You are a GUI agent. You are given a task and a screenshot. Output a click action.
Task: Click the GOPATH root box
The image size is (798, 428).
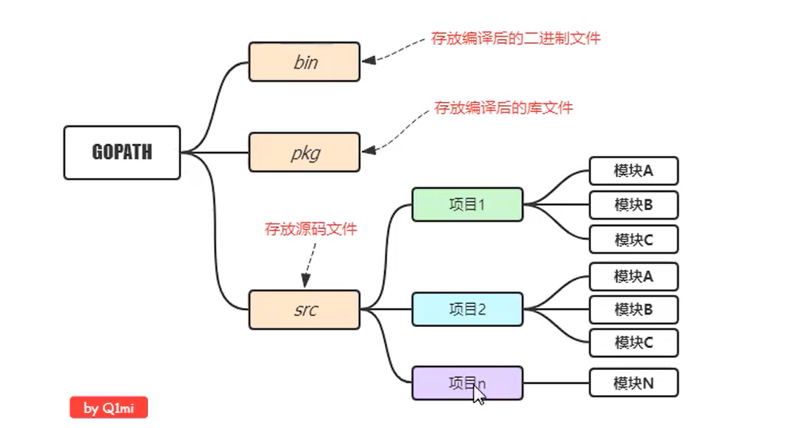pos(122,152)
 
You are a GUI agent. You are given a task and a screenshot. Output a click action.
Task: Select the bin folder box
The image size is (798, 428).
pos(304,62)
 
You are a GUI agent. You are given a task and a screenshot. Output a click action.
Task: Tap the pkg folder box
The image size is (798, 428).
pos(304,152)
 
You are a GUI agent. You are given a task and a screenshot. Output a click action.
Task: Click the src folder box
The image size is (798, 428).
pos(304,310)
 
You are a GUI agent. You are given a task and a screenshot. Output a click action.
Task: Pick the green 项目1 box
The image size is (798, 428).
pos(467,205)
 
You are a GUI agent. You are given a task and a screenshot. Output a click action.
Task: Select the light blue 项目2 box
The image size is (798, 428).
pos(467,309)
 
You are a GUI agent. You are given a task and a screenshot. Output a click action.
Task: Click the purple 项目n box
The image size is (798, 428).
pos(467,383)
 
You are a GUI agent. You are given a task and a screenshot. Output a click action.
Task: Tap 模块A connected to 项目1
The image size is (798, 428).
pos(633,171)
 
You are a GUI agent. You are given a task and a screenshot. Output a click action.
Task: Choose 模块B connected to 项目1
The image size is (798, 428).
pos(633,205)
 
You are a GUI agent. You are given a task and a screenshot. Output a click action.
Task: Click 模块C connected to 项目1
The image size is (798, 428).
pos(633,239)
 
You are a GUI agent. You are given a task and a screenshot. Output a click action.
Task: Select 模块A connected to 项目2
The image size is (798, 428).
pos(633,276)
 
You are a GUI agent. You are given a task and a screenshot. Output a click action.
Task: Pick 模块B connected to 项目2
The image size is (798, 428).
pos(633,309)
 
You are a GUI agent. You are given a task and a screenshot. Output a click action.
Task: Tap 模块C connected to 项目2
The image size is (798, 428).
pos(633,343)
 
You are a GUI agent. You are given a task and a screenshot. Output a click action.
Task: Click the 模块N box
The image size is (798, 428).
pos(633,383)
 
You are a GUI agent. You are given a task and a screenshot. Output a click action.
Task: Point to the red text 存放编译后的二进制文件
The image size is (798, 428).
pos(516,38)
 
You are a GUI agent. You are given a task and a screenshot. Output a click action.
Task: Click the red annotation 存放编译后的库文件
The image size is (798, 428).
pos(503,107)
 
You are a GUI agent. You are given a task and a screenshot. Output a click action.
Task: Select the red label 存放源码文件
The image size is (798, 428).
pos(310,229)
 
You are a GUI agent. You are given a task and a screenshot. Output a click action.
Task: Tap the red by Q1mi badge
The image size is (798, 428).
pos(108,408)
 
